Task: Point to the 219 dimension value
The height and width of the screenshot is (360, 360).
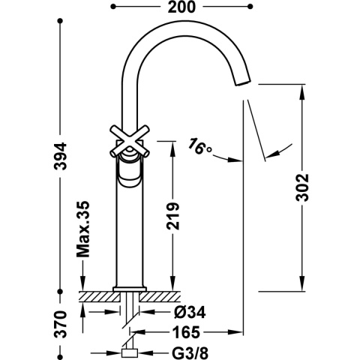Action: point(171,217)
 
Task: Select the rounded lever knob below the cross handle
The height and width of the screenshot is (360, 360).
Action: point(129,175)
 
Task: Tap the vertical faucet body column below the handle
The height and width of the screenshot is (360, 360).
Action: point(130,232)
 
